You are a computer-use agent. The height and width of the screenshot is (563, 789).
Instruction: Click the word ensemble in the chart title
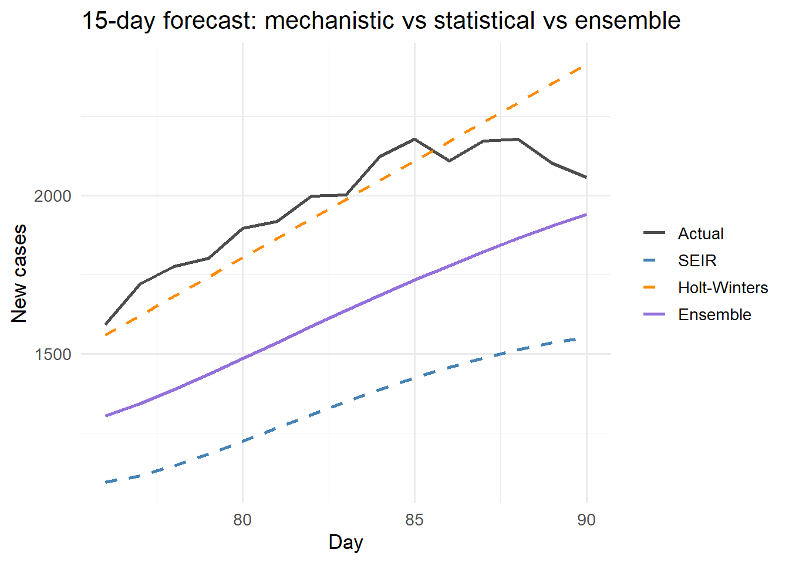[628, 21]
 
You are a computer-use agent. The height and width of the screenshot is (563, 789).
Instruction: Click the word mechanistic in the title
[329, 21]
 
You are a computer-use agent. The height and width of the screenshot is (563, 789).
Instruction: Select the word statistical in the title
[484, 21]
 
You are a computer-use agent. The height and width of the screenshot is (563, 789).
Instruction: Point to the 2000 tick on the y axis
[53, 196]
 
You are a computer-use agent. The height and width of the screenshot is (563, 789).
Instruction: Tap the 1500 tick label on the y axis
[53, 354]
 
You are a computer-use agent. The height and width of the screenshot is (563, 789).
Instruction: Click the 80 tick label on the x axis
[242, 520]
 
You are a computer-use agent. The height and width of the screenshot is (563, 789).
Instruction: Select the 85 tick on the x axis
[414, 520]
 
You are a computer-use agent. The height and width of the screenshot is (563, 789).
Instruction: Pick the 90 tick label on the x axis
[586, 520]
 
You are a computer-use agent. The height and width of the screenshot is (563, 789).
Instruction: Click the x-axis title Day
[346, 542]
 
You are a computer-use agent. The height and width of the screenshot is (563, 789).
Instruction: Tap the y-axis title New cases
[19, 273]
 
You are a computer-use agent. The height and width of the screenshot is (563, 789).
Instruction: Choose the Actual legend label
[700, 233]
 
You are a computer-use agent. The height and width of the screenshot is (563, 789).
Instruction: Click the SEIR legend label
[697, 260]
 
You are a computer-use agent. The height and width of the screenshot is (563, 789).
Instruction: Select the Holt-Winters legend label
[723, 287]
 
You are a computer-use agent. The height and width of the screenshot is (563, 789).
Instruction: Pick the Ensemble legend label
[714, 314]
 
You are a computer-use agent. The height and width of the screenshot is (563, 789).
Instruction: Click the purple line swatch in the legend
[655, 314]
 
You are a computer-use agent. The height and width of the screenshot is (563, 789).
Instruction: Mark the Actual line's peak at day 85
[414, 139]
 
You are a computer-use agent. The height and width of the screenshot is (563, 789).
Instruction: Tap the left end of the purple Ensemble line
[106, 416]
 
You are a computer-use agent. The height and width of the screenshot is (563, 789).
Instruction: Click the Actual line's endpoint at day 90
[586, 177]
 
